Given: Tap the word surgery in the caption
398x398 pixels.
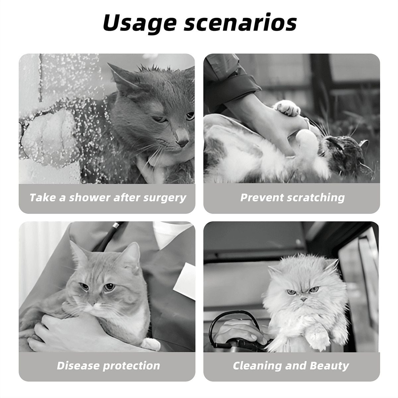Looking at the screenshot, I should point(165,198).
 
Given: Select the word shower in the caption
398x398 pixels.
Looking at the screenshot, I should point(90,198).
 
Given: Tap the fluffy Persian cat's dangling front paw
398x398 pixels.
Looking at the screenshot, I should point(317,338).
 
